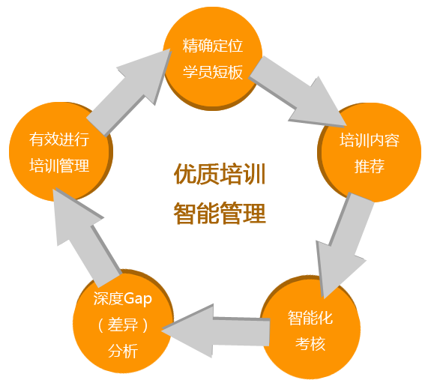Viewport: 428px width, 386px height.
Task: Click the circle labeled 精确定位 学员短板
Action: pyautogui.click(x=213, y=58)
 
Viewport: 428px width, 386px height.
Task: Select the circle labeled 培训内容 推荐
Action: pyautogui.click(x=370, y=152)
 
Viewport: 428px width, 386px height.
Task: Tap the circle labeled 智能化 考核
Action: pyautogui.click(x=310, y=328)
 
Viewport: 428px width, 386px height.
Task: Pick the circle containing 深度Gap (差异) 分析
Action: pyautogui.click(x=123, y=322)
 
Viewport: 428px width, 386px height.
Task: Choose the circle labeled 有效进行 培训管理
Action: pyautogui.click(x=60, y=152)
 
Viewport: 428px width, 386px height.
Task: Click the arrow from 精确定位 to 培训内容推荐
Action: pyautogui.click(x=298, y=91)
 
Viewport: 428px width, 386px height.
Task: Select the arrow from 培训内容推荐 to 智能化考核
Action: pyautogui.click(x=344, y=244)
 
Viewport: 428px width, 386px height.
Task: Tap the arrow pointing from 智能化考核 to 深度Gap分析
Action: pyautogui.click(x=216, y=331)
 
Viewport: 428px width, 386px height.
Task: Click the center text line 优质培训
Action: pyautogui.click(x=220, y=174)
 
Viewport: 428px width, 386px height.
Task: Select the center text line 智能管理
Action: pyautogui.click(x=220, y=213)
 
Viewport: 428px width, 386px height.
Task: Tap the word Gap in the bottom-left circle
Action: pyautogui.click(x=138, y=298)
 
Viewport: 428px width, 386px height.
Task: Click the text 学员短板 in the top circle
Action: pyautogui.click(x=213, y=73)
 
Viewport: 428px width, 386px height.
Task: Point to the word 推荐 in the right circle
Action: pyautogui.click(x=370, y=166)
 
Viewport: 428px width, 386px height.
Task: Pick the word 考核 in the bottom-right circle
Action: pyautogui.click(x=310, y=344)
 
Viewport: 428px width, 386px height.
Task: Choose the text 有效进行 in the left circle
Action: pyautogui.click(x=59, y=139)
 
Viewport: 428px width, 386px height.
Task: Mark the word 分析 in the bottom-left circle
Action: pyautogui.click(x=123, y=351)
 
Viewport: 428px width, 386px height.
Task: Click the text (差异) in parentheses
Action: pyautogui.click(x=123, y=325)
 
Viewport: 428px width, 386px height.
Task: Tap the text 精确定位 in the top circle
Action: pyautogui.click(x=213, y=46)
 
